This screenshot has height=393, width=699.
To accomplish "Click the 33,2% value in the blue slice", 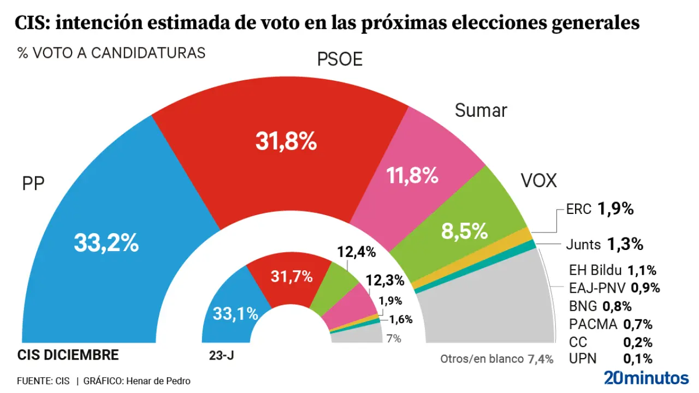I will pos(106,243).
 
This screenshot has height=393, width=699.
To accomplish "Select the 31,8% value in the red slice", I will pos(286,142).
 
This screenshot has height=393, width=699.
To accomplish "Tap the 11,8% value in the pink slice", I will pos(412,176).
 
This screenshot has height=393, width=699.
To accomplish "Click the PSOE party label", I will pos(340,59).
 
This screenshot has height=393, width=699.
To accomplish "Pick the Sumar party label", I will pos(481,111).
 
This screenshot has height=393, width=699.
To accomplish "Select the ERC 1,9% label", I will pos(599,209).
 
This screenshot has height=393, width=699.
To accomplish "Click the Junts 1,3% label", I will pos(605,245).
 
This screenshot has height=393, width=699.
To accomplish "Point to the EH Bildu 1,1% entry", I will pos(612,270).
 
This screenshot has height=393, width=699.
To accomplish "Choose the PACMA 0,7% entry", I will pos(611,324).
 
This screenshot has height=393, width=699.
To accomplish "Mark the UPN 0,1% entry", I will pos(611,359).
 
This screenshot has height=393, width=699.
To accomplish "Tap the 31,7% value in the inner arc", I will pos(292,277).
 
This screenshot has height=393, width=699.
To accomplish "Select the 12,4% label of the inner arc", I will pos(357,252).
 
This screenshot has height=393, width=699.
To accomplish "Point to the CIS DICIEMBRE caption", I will pos(68,355).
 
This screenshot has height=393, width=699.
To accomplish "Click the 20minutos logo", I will pos(646,378).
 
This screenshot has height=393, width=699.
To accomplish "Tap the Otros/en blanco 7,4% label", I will pos(496,359).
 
